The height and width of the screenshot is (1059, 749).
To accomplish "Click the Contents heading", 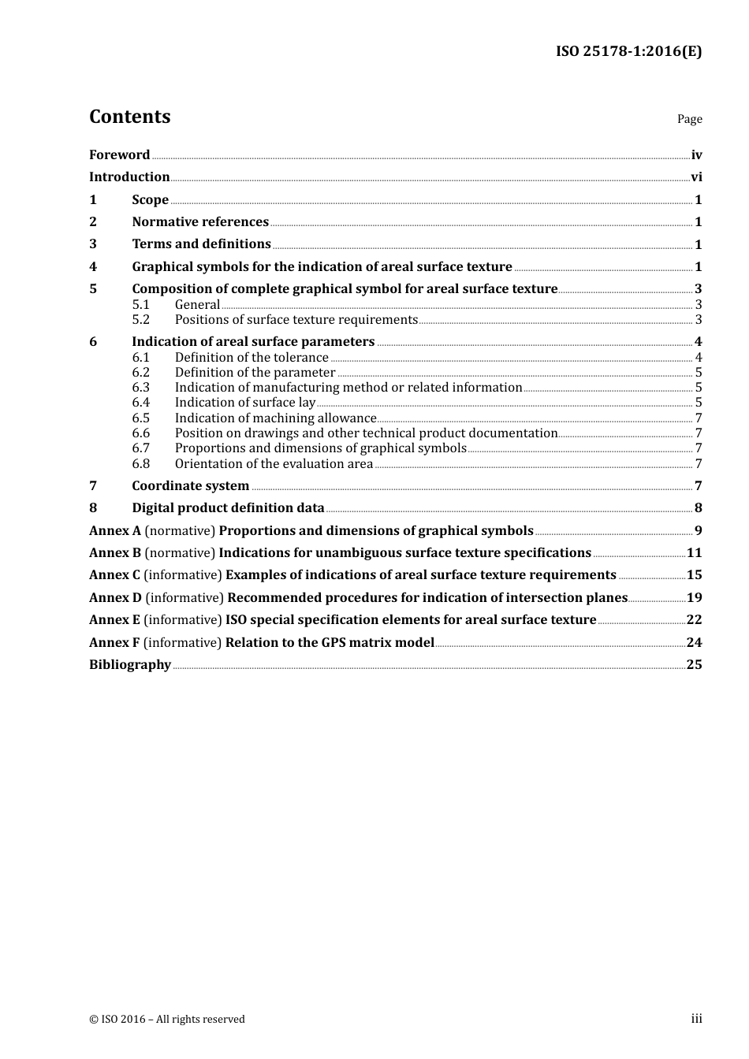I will tap(129, 117).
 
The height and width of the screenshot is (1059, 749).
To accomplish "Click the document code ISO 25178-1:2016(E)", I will tap(628, 51).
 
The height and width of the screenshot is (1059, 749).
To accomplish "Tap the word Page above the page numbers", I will tap(689, 119).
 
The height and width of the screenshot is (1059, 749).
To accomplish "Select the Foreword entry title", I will tap(119, 155).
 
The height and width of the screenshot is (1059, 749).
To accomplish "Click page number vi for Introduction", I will tap(696, 177).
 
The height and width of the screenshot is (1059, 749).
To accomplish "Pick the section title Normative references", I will tap(200, 222).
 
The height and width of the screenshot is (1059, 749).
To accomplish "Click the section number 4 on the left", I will tap(93, 267).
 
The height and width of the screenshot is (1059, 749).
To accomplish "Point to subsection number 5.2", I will tap(140, 320).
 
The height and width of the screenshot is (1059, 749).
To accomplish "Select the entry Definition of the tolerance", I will tap(252, 358).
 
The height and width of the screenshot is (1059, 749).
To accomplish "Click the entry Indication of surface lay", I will tap(244, 403).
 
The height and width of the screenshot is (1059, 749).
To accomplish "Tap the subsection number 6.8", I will tap(140, 464).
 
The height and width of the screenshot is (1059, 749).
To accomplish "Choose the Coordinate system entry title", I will tap(190, 486).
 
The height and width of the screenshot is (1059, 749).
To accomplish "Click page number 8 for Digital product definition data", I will tap(698, 508).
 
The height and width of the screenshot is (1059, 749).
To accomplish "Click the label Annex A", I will tap(115, 531).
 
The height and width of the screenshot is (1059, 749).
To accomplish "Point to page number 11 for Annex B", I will tap(694, 553).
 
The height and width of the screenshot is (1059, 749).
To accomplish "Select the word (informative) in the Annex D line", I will tap(184, 598).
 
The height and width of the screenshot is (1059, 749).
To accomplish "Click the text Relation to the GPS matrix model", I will tap(330, 643).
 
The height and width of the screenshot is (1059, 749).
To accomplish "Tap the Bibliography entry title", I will tap(130, 665).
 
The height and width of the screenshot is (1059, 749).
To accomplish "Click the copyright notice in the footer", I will tap(167, 1020).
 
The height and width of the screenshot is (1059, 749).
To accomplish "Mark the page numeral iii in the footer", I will tap(696, 1019).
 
